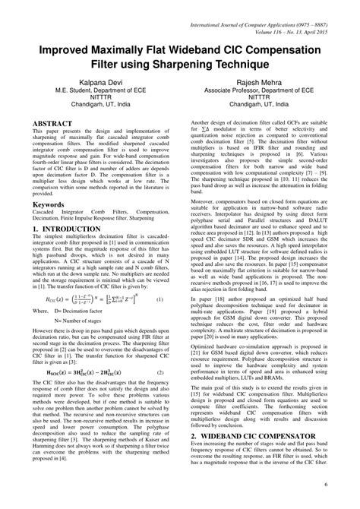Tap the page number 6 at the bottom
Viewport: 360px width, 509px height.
tap(346, 485)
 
